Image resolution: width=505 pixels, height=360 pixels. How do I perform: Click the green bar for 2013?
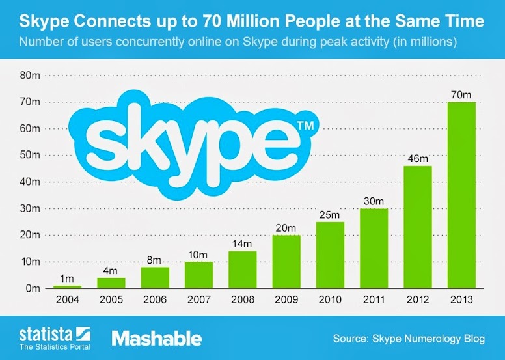461,195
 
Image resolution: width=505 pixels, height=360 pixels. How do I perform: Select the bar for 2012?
417,227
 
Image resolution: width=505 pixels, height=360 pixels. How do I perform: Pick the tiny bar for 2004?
67,286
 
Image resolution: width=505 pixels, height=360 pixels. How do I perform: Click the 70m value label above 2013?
461,95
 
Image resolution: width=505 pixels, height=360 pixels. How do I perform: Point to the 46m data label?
417,159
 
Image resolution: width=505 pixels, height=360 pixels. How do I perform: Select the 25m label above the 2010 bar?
329,215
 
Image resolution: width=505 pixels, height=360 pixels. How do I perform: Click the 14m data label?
242,244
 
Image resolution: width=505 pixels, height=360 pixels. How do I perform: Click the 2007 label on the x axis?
198,301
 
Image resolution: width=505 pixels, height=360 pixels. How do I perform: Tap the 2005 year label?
111,301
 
